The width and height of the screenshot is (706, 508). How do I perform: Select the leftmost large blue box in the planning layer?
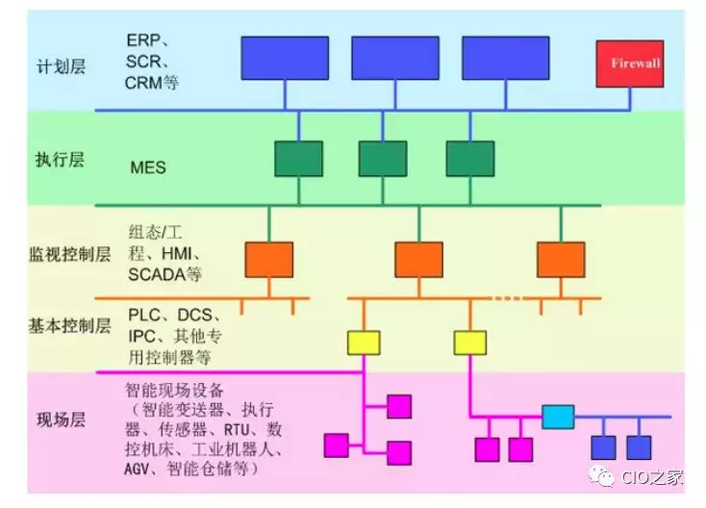[x=284, y=58]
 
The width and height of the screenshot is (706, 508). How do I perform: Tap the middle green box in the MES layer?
[x=383, y=159]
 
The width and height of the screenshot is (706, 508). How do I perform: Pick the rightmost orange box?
[x=561, y=259]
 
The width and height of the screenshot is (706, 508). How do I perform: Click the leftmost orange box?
[x=269, y=259]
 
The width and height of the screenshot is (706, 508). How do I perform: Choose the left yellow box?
[x=363, y=342]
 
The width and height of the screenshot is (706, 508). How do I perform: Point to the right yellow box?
[x=470, y=342]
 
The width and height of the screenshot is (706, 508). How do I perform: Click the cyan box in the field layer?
[x=558, y=417]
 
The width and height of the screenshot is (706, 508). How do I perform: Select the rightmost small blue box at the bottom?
[x=639, y=447]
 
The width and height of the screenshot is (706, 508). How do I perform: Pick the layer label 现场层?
[x=62, y=419]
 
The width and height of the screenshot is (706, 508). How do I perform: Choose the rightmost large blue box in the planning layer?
[x=503, y=58]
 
